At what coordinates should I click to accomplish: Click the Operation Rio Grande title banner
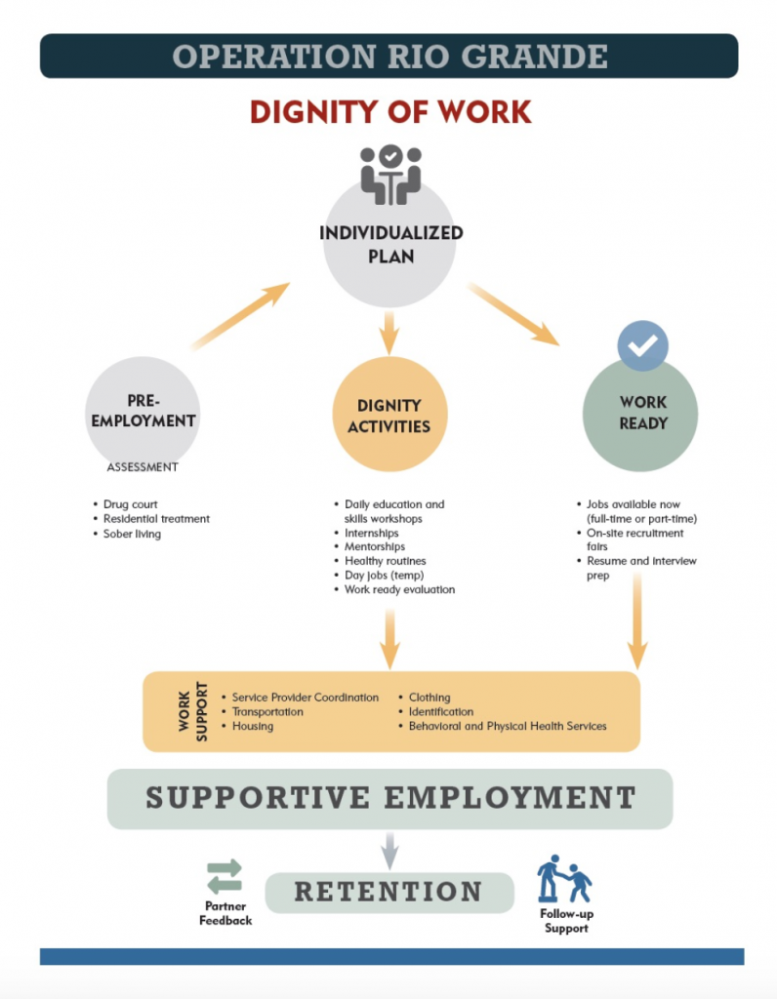click(388, 56)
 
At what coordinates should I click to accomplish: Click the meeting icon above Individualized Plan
click(389, 175)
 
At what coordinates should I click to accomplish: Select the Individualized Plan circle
click(389, 244)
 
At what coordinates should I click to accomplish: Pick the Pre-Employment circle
click(143, 411)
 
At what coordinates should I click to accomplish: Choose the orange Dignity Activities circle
click(389, 415)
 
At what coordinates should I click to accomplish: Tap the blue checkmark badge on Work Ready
click(643, 345)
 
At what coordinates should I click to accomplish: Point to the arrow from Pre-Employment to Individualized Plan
click(241, 315)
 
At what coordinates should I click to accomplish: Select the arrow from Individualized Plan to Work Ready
click(513, 313)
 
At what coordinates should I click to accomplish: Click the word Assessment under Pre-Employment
click(143, 467)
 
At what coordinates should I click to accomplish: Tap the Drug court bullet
click(131, 504)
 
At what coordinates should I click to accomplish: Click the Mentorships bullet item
click(374, 547)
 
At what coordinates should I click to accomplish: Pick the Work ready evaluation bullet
click(399, 589)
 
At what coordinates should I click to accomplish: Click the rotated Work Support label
click(192, 712)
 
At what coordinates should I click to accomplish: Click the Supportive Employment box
click(389, 798)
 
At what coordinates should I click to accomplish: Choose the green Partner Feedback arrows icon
click(225, 876)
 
